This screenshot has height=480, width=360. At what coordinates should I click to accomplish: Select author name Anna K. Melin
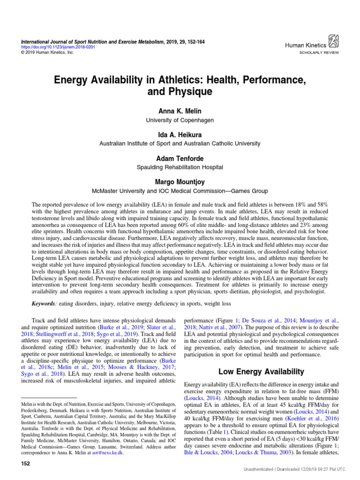[x=180, y=111]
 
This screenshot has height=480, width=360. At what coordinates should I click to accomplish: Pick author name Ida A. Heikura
[x=180, y=134]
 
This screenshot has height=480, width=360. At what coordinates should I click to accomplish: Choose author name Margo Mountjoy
[x=180, y=181]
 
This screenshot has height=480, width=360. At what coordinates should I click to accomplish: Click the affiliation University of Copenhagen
[x=180, y=120]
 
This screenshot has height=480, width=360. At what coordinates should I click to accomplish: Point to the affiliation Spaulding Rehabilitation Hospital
[x=180, y=167]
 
